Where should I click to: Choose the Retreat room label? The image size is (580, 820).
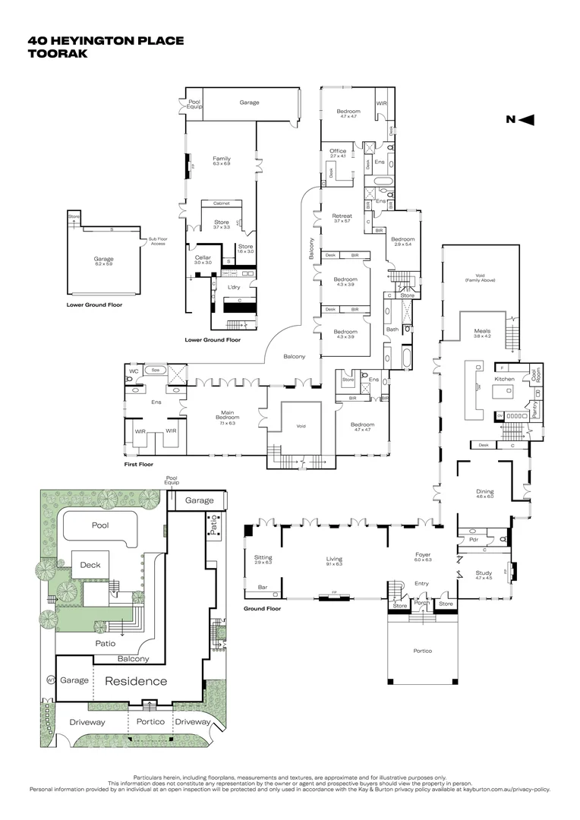point(342,218)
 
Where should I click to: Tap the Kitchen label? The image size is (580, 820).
point(505,379)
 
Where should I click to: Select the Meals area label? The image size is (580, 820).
point(482,332)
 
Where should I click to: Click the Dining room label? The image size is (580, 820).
point(484,493)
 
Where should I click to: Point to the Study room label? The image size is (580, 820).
point(484,574)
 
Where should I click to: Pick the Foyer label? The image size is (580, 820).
point(423,556)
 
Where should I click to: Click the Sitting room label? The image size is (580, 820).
point(263,559)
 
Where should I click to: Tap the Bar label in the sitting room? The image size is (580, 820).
point(263,587)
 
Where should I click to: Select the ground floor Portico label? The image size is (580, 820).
point(422,651)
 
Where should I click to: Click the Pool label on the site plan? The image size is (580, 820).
point(101,525)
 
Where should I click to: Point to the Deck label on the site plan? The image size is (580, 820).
point(91,566)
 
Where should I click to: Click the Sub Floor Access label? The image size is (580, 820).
point(157,242)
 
